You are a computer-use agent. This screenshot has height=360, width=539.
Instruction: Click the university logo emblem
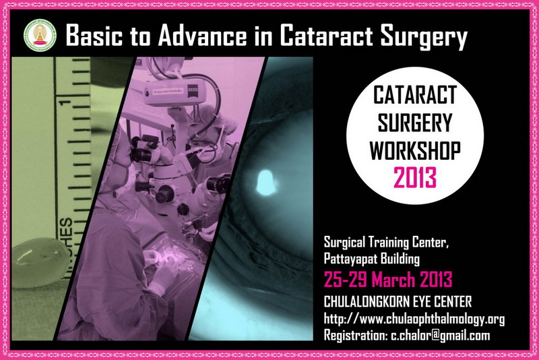tap(40, 36)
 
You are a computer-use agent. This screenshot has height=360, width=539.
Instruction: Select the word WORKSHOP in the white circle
tap(415, 150)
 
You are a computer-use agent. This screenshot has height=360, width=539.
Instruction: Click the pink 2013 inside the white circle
tap(415, 177)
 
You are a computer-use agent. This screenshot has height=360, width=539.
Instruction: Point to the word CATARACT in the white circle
tap(415, 94)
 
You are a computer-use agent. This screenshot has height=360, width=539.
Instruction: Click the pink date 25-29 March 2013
tap(388, 279)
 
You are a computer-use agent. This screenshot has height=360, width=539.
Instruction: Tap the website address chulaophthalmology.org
tap(414, 319)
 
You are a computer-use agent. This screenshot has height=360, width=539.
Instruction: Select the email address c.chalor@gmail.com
tap(441, 335)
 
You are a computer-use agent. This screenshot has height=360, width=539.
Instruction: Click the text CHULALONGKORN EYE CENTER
tap(398, 301)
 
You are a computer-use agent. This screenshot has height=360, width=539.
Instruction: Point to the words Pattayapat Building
tap(372, 259)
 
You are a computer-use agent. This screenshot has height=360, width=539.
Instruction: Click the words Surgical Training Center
tap(386, 243)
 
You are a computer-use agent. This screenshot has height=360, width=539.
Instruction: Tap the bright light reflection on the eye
tap(266, 182)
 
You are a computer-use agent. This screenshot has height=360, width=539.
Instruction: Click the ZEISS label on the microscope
tap(193, 88)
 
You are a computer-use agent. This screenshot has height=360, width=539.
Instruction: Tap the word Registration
tap(356, 335)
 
